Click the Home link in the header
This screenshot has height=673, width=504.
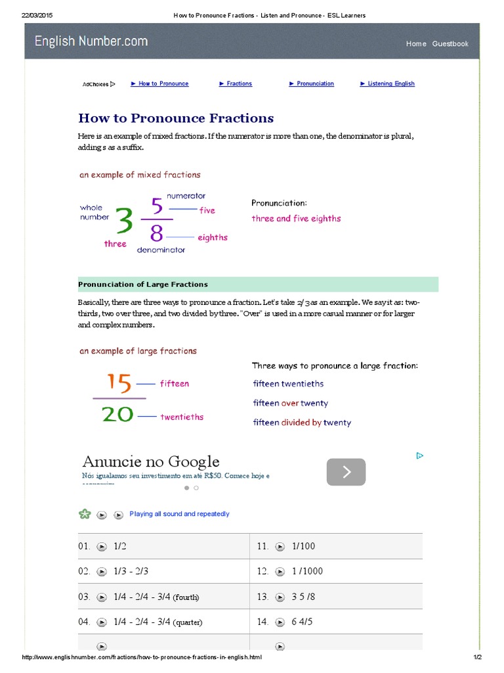coord(416,43)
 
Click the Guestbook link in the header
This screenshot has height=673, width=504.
coord(450,43)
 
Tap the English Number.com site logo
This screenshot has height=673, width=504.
coord(91,41)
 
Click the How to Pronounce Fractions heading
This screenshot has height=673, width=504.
coord(176,118)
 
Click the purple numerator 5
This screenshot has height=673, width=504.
coord(157,206)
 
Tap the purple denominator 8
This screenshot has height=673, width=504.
coord(157,233)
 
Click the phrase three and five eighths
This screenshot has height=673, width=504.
coord(296,218)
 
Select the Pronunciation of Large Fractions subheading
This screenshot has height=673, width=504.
coord(143,285)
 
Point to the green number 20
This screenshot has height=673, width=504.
coord(117,414)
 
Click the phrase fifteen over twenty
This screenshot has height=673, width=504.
coord(291,403)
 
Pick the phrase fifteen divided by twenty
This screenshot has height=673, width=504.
coord(302,423)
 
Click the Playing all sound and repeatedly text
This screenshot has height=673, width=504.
coord(179,514)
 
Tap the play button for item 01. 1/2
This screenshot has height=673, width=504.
coord(102,546)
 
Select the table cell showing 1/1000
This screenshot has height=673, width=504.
coord(307,571)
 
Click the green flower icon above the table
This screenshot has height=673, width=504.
coord(85,514)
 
